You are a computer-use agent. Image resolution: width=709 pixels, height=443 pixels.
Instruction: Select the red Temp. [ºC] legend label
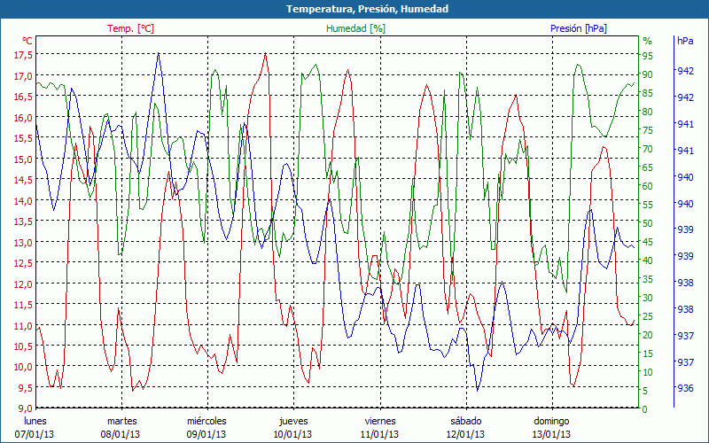[x=131, y=28]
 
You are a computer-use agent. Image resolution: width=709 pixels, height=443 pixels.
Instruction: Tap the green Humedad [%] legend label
[x=355, y=28]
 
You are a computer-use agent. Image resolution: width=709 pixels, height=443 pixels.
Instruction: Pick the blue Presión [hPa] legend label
[x=579, y=28]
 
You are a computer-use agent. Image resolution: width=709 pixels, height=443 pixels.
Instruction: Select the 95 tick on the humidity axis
[x=648, y=54]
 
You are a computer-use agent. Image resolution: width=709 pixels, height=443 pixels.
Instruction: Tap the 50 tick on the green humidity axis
[x=648, y=222]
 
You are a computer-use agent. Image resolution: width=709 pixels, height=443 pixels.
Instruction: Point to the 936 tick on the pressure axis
[x=685, y=388]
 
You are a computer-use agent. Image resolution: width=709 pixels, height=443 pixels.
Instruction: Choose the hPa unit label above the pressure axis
[x=685, y=41]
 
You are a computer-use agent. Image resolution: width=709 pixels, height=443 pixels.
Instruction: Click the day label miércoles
[x=207, y=421]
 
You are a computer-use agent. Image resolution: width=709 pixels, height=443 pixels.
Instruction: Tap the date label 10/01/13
[x=293, y=434]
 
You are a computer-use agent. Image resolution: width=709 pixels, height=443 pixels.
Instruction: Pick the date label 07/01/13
[x=35, y=434]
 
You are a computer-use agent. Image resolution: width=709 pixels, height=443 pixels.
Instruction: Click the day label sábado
[x=466, y=421]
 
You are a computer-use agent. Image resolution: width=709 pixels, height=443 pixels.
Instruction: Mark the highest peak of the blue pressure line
[x=158, y=53]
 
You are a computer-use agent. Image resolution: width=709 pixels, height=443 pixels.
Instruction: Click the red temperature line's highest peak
[x=265, y=53]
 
